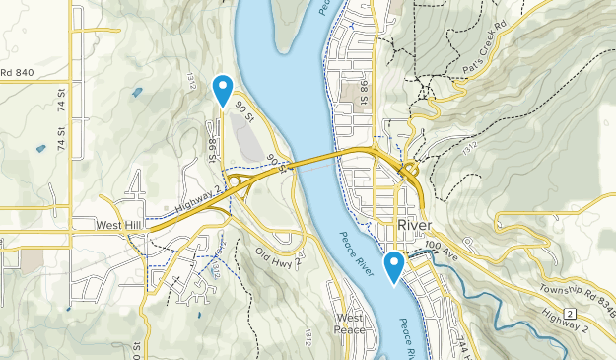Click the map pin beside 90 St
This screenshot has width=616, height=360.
pos(224,89)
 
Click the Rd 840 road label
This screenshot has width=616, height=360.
pos(17,72)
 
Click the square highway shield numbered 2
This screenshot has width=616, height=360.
pos(571,314)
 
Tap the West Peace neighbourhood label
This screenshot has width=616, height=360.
pos(350,324)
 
